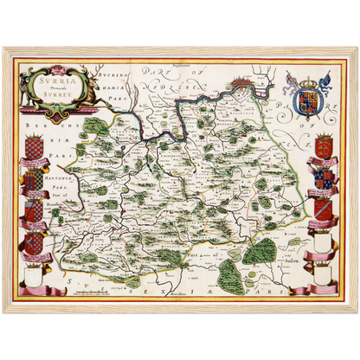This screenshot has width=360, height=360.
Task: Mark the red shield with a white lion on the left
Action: pos(35,213)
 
